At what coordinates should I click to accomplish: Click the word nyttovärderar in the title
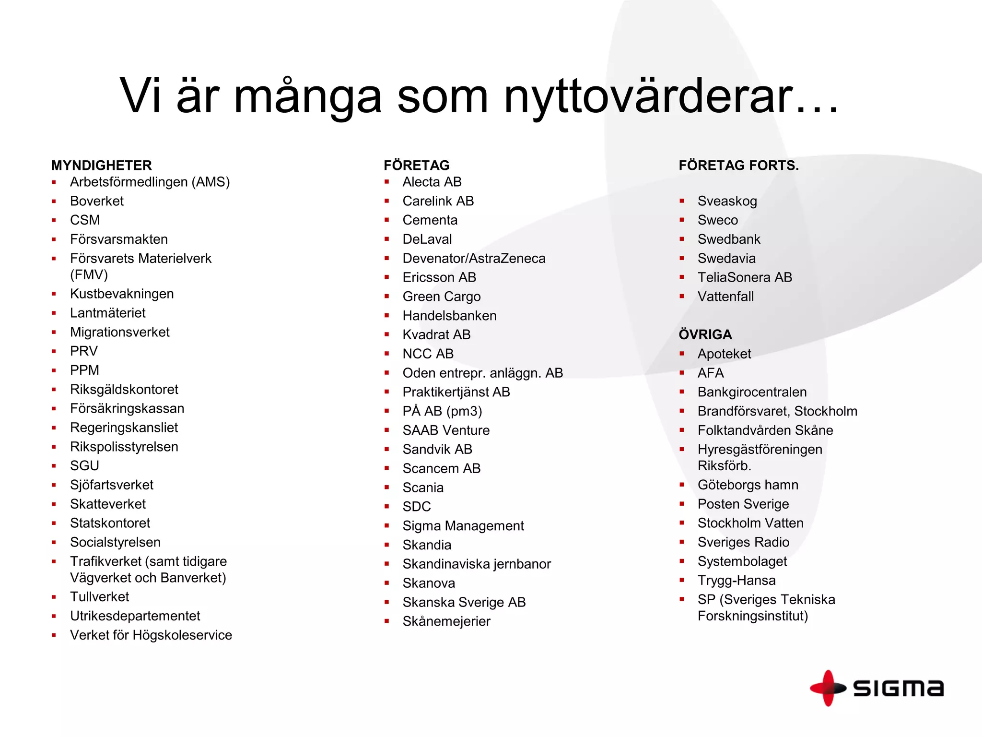pyautogui.click(x=671, y=96)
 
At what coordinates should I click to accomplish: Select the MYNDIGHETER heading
pyautogui.click(x=101, y=166)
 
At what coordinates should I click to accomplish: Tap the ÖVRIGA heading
pyautogui.click(x=705, y=334)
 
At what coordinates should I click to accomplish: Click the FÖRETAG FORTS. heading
pyautogui.click(x=738, y=166)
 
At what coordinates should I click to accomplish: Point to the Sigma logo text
pyautogui.click(x=898, y=689)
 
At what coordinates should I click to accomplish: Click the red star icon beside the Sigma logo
pyautogui.click(x=828, y=688)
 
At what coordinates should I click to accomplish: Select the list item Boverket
pyautogui.click(x=97, y=201)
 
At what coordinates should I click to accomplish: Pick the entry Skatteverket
pyautogui.click(x=108, y=504)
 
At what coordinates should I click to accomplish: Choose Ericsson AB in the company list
pyautogui.click(x=439, y=277)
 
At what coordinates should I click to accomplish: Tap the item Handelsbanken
pyautogui.click(x=449, y=316)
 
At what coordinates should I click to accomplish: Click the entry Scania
pyautogui.click(x=423, y=487)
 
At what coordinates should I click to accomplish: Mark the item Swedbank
pyautogui.click(x=729, y=239)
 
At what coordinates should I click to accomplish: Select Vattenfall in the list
pyautogui.click(x=725, y=297)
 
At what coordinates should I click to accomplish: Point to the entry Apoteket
pyautogui.click(x=724, y=354)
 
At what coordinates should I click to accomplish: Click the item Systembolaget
pyautogui.click(x=742, y=561)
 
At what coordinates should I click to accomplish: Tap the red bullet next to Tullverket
pyautogui.click(x=54, y=597)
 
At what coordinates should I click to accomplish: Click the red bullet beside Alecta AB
pyautogui.click(x=387, y=182)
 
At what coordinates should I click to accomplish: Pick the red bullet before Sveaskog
pyautogui.click(x=682, y=201)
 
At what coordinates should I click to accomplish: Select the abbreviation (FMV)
pyautogui.click(x=89, y=275)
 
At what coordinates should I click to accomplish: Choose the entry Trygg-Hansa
pyautogui.click(x=736, y=580)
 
